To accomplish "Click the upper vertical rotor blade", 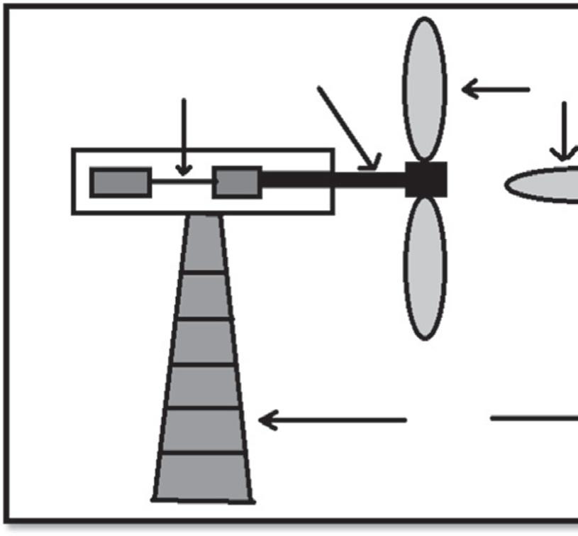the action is pyautogui.click(x=425, y=89).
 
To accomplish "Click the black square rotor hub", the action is pyautogui.click(x=426, y=179).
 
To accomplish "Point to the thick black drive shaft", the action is pyautogui.click(x=333, y=179).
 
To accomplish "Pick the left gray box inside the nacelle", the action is pyautogui.click(x=120, y=182).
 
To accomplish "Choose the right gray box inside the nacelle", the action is pyautogui.click(x=237, y=182).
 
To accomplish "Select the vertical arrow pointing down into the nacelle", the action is pyautogui.click(x=184, y=135).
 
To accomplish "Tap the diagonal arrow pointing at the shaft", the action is pyautogui.click(x=348, y=128).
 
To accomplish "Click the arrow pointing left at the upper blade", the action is pyautogui.click(x=496, y=89).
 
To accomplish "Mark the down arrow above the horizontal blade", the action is pyautogui.click(x=565, y=131).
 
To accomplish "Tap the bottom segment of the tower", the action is pyautogui.click(x=203, y=476).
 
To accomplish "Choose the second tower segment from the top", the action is pyautogui.click(x=204, y=295).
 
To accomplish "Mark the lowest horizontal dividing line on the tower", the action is pyautogui.click(x=203, y=452).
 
